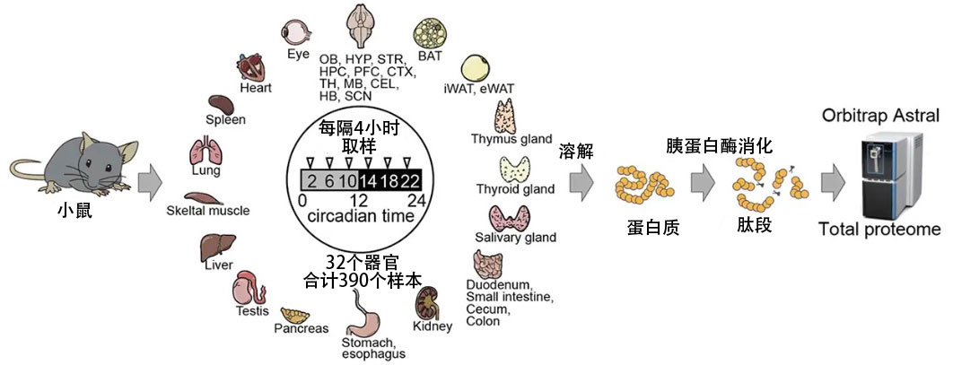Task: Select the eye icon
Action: (x=295, y=31)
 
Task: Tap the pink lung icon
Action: (x=204, y=152)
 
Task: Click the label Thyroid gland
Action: (x=514, y=188)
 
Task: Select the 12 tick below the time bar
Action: (x=359, y=199)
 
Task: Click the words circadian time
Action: (x=360, y=216)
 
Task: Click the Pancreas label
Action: (x=302, y=328)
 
